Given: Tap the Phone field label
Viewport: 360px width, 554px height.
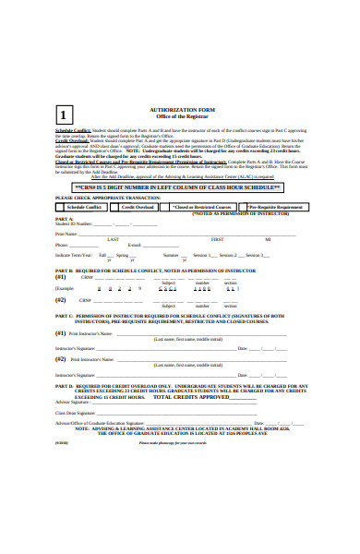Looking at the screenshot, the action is (62, 245).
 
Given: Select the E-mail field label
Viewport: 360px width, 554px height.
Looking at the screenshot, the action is (134, 245).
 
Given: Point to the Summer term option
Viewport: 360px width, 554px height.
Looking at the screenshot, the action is (171, 254).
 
